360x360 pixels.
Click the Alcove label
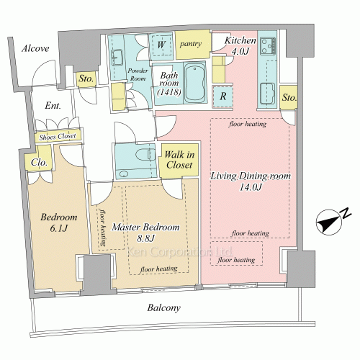35,48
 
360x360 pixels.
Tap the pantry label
191,44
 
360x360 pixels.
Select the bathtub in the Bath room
194,84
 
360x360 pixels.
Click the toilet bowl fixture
143,154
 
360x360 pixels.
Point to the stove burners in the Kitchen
268,46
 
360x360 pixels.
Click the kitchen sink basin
268,94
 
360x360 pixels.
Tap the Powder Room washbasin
117,58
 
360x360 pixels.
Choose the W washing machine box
161,45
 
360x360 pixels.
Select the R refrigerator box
222,96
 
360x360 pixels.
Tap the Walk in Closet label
179,160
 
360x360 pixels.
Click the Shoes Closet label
58,137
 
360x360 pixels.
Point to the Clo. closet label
39,163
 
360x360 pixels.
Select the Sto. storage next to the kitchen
289,97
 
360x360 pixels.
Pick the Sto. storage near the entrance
86,78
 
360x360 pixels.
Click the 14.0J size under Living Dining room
251,187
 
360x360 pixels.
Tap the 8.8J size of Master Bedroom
145,238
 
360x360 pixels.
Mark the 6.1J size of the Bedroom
59,228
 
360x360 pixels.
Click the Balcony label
164,308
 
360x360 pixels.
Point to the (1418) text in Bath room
169,92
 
